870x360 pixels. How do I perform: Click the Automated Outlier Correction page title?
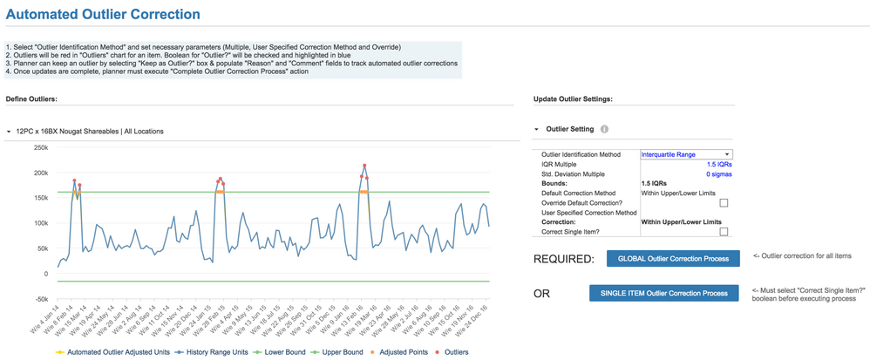coord(103,15)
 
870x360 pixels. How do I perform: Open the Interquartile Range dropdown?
coord(686,154)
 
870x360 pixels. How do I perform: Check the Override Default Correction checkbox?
coord(724,203)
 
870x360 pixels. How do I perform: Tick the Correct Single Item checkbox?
coord(724,232)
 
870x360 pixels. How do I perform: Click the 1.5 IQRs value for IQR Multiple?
coord(719,164)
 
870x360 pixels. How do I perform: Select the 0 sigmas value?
coord(719,174)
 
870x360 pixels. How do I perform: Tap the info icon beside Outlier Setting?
coord(604,129)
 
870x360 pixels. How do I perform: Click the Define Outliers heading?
coord(31,98)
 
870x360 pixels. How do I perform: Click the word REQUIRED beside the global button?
coord(563,259)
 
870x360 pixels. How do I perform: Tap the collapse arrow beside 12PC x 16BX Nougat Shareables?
coord(9,132)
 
